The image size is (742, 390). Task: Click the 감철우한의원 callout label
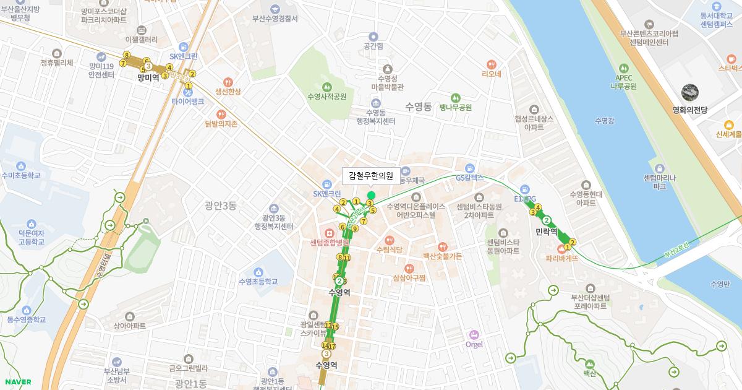pyautogui.click(x=371, y=176)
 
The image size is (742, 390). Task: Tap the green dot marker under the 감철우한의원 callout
pyautogui.click(x=371, y=196)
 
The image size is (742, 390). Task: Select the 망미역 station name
pyautogui.click(x=148, y=77)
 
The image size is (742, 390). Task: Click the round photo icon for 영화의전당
pyautogui.click(x=690, y=93)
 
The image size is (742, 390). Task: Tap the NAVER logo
pyautogui.click(x=17, y=382)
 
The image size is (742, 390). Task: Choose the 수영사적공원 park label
pyautogui.click(x=327, y=97)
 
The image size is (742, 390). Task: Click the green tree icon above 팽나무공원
pyautogui.click(x=456, y=97)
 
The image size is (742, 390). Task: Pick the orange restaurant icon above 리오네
pyautogui.click(x=492, y=64)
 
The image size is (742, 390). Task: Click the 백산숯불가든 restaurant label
pyautogui.click(x=442, y=256)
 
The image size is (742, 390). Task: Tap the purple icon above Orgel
pyautogui.click(x=474, y=334)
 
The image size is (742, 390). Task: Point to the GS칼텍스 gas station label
pyautogui.click(x=469, y=178)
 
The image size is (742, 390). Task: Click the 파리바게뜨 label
pyautogui.click(x=562, y=258)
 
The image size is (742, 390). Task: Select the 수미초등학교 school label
pyautogui.click(x=21, y=176)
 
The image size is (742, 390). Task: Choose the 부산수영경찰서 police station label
pyautogui.click(x=275, y=19)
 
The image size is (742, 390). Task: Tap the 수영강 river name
pyautogui.click(x=603, y=121)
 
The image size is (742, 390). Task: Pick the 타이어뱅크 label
pyautogui.click(x=188, y=102)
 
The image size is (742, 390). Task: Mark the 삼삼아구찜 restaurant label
pyautogui.click(x=409, y=278)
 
